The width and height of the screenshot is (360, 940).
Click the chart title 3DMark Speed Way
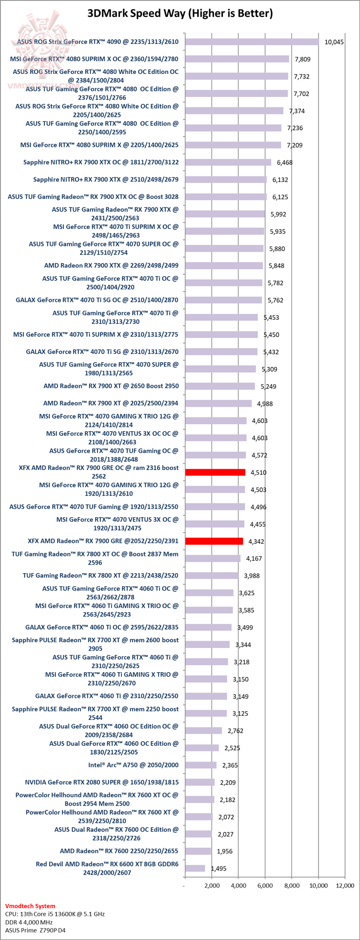(180, 13)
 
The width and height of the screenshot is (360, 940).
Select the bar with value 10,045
(252, 42)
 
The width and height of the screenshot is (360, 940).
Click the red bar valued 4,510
(215, 472)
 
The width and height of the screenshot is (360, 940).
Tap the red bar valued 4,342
(214, 541)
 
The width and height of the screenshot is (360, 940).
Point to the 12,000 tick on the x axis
(345, 886)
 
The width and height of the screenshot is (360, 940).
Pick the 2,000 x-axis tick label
(211, 886)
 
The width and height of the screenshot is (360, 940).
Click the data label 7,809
(302, 59)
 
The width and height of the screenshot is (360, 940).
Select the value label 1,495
(218, 869)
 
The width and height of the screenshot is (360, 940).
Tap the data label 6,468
(284, 162)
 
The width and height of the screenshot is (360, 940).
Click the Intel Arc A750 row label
(133, 765)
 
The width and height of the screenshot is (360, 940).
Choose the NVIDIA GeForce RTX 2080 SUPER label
(101, 782)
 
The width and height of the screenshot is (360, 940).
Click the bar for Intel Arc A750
(200, 765)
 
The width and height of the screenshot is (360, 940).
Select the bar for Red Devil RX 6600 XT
(195, 869)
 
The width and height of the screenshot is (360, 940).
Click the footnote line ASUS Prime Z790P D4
(35, 931)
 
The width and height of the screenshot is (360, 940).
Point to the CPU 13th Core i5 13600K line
(54, 914)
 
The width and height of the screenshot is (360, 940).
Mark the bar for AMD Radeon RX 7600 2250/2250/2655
(198, 851)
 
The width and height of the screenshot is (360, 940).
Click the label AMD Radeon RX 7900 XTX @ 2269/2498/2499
(111, 265)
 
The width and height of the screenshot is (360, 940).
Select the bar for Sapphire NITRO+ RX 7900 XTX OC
(228, 162)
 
